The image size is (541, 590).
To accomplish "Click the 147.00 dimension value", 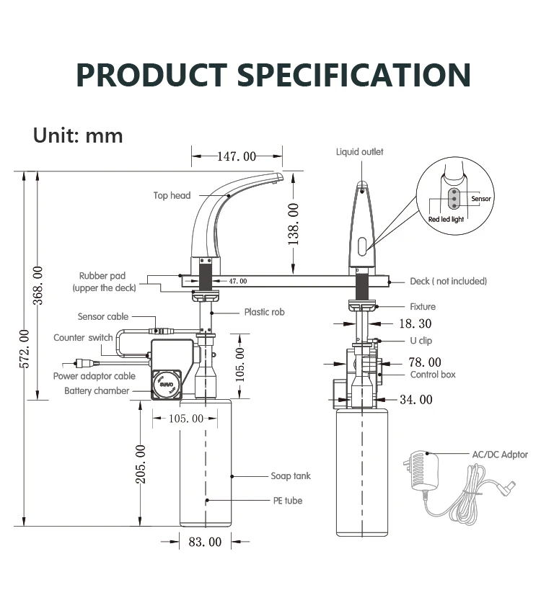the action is pos(237,156).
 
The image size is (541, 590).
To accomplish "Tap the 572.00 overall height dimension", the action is pos(24,349).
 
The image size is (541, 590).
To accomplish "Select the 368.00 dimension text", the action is pos(38,285).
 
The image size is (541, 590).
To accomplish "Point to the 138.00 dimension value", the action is pos(293,224).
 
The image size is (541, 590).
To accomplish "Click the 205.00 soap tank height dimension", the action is pos(140,464).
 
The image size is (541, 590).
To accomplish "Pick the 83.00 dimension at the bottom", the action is pos(205,542).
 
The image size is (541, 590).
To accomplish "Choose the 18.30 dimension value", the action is pos(415,323).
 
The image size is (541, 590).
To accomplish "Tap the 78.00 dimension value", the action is pos(425,362).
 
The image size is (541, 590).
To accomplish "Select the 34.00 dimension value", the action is pos(416,400).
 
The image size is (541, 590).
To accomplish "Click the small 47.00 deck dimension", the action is pos(238,281).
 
